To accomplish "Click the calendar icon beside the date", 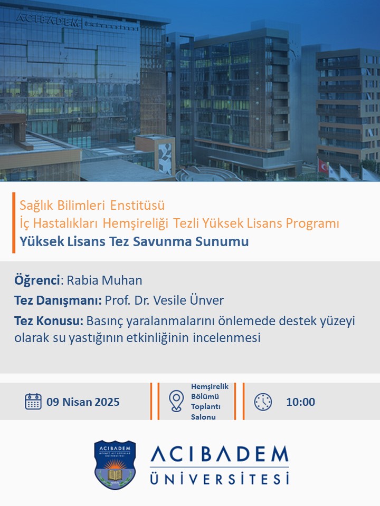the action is [33, 402].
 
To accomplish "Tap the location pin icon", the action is [176, 401].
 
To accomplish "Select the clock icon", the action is [263, 402].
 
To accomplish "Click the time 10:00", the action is [300, 402].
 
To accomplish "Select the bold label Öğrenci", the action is [37, 280].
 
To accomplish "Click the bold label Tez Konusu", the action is [49, 321].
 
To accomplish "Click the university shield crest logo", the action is [115, 464].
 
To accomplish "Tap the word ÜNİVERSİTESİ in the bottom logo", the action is [220, 478].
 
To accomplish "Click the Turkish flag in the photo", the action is [324, 167].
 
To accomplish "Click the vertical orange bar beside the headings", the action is [14, 222].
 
